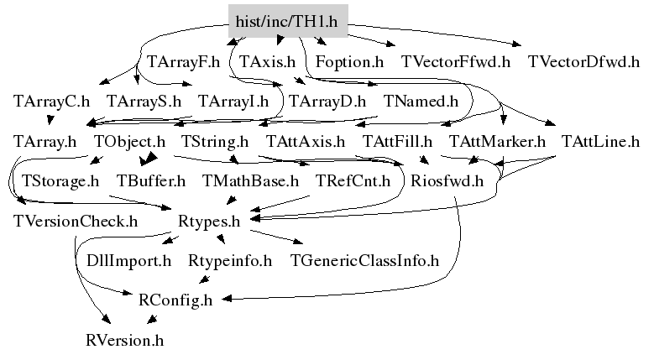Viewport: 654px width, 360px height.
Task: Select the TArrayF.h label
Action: pos(183,61)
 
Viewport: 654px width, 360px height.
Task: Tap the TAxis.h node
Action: pos(267,61)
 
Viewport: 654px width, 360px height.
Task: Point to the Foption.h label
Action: pos(349,61)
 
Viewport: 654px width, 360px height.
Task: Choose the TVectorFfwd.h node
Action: pos(456,61)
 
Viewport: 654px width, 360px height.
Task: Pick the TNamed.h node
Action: pos(421,101)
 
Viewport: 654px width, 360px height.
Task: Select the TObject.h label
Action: pos(129,141)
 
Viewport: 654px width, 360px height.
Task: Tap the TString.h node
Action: pos(215,141)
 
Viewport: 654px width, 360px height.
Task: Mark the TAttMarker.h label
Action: pos(498,141)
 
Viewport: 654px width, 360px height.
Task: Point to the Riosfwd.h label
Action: pos(447,180)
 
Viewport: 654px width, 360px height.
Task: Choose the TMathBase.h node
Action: pos(251,180)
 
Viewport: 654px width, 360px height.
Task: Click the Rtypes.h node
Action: pos(210,221)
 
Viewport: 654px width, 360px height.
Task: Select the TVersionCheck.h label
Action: pos(76,221)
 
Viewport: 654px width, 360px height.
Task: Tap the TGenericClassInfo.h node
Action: pos(364,260)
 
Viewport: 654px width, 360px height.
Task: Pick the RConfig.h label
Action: pos(175,300)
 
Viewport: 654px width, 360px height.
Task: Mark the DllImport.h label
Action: pos(129,260)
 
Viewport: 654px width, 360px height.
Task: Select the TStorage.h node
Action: pos(60,180)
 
